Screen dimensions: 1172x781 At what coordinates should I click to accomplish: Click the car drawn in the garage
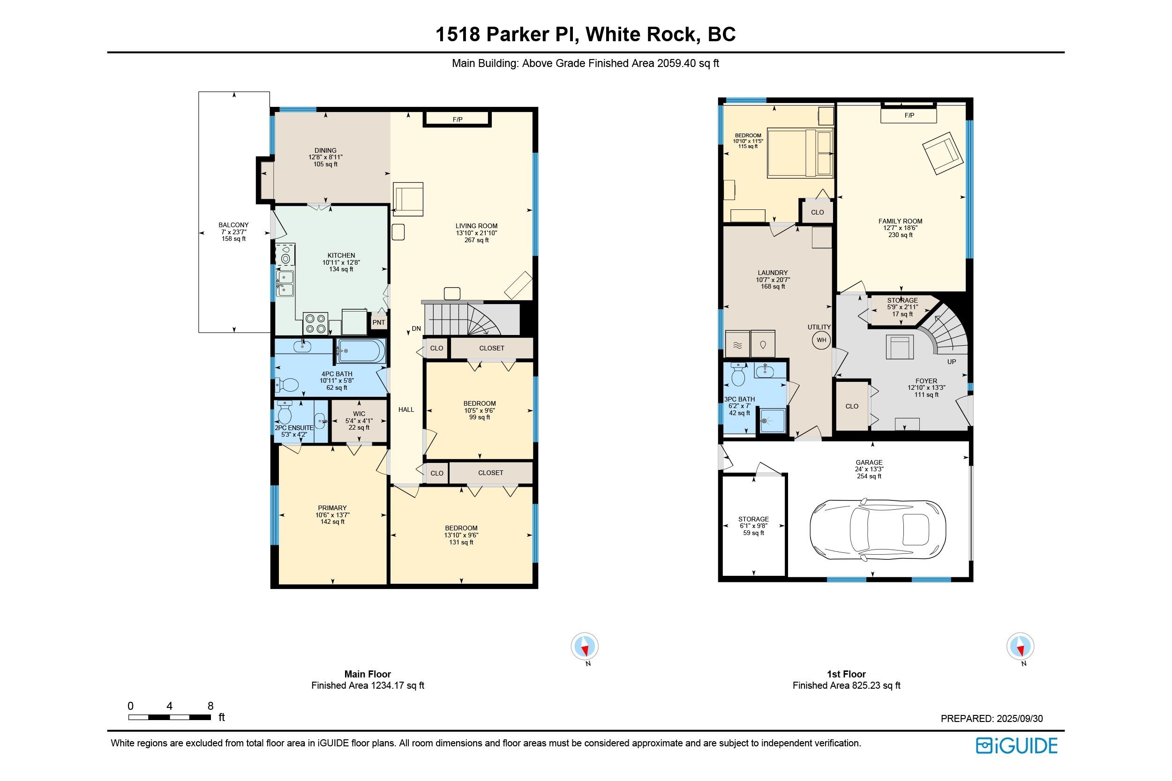coord(878,529)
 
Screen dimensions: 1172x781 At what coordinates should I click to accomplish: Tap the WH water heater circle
coord(821,340)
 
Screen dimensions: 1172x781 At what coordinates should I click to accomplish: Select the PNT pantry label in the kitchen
coord(379,322)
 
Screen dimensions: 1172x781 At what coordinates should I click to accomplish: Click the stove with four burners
coord(316,324)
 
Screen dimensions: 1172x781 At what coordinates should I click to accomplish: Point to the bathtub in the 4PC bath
coord(361,351)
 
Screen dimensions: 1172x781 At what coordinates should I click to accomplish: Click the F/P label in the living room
coord(458,119)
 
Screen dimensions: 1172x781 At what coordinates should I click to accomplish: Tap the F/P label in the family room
coord(909,116)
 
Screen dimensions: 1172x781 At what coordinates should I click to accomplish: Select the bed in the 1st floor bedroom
coord(800,153)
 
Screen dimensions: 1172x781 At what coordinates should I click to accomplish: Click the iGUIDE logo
coord(1016,746)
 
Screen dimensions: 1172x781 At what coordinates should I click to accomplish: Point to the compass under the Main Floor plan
coord(585,647)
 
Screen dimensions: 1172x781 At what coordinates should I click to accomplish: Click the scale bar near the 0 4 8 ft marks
coord(169,717)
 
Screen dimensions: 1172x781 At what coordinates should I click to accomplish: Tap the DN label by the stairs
coord(416,329)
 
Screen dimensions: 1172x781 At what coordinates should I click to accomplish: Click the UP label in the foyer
coord(952,362)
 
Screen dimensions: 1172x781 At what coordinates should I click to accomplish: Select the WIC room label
coord(359,414)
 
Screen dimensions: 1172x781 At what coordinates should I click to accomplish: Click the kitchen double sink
coord(285,284)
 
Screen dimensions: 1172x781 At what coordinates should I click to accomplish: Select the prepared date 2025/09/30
coord(1020,719)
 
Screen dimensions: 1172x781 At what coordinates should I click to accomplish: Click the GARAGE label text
coord(869,463)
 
